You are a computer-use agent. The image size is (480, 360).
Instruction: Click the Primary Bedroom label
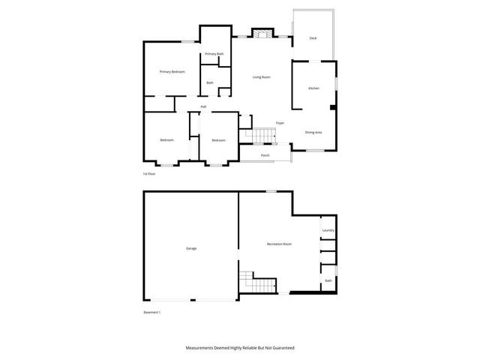click(x=172, y=71)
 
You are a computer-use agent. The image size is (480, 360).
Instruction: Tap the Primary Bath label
click(x=214, y=54)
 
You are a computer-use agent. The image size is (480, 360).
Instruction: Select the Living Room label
click(x=261, y=77)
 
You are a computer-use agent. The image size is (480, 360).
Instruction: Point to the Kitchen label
click(x=313, y=88)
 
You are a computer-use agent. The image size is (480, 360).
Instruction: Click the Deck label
click(x=313, y=38)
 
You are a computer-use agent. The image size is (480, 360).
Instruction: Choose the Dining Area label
click(x=313, y=133)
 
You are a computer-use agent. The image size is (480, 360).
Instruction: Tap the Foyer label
click(x=279, y=122)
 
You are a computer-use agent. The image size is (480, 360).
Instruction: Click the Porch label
click(x=265, y=155)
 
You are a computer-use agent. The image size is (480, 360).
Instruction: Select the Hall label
click(x=203, y=106)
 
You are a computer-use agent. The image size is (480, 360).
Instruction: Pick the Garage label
click(x=191, y=248)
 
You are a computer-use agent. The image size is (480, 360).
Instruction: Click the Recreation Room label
click(x=279, y=244)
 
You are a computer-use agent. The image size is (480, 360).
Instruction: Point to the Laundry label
click(x=328, y=230)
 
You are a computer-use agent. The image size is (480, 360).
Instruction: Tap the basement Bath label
click(x=328, y=280)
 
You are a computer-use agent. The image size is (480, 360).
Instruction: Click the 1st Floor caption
click(x=149, y=174)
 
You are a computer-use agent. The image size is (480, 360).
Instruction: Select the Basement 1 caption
click(x=152, y=312)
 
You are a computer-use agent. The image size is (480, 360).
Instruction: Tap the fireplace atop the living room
click(x=262, y=34)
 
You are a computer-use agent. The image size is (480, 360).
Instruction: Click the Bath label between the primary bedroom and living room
click(x=210, y=82)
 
